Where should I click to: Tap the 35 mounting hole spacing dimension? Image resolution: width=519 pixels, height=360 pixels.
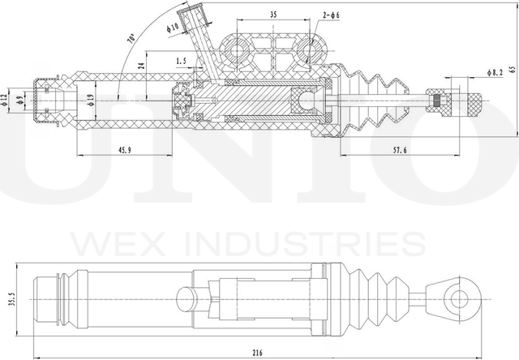coord(272,15)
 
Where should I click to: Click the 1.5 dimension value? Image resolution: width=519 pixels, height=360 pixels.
coord(180,60)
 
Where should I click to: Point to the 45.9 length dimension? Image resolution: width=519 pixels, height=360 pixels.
coord(125,149)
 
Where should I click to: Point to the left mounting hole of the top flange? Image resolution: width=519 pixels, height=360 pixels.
coord(238,50)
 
